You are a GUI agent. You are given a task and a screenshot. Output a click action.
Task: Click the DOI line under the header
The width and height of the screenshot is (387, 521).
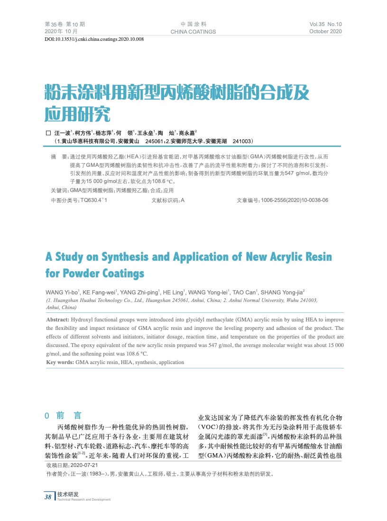(x=94, y=39)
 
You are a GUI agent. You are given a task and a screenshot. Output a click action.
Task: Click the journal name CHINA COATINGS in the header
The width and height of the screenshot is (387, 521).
(x=193, y=32)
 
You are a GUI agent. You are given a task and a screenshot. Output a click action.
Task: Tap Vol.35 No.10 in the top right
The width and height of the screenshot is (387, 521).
(x=325, y=24)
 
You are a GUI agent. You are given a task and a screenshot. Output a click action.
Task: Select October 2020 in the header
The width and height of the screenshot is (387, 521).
(x=325, y=31)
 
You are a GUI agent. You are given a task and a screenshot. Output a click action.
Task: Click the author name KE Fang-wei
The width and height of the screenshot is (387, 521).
(x=102, y=292)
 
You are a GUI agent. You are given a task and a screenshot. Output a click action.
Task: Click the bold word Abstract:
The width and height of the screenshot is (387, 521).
(x=57, y=320)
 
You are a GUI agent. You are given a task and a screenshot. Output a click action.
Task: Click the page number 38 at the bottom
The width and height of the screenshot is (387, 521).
(x=48, y=497)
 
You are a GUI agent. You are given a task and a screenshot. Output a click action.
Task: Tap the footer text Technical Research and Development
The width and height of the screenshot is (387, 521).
(x=83, y=500)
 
